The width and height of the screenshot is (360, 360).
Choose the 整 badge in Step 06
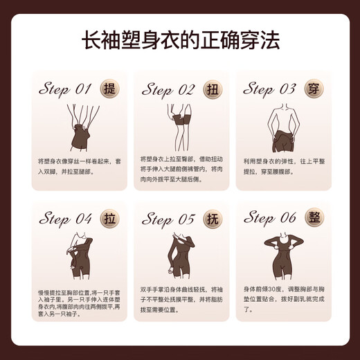(313, 217)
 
